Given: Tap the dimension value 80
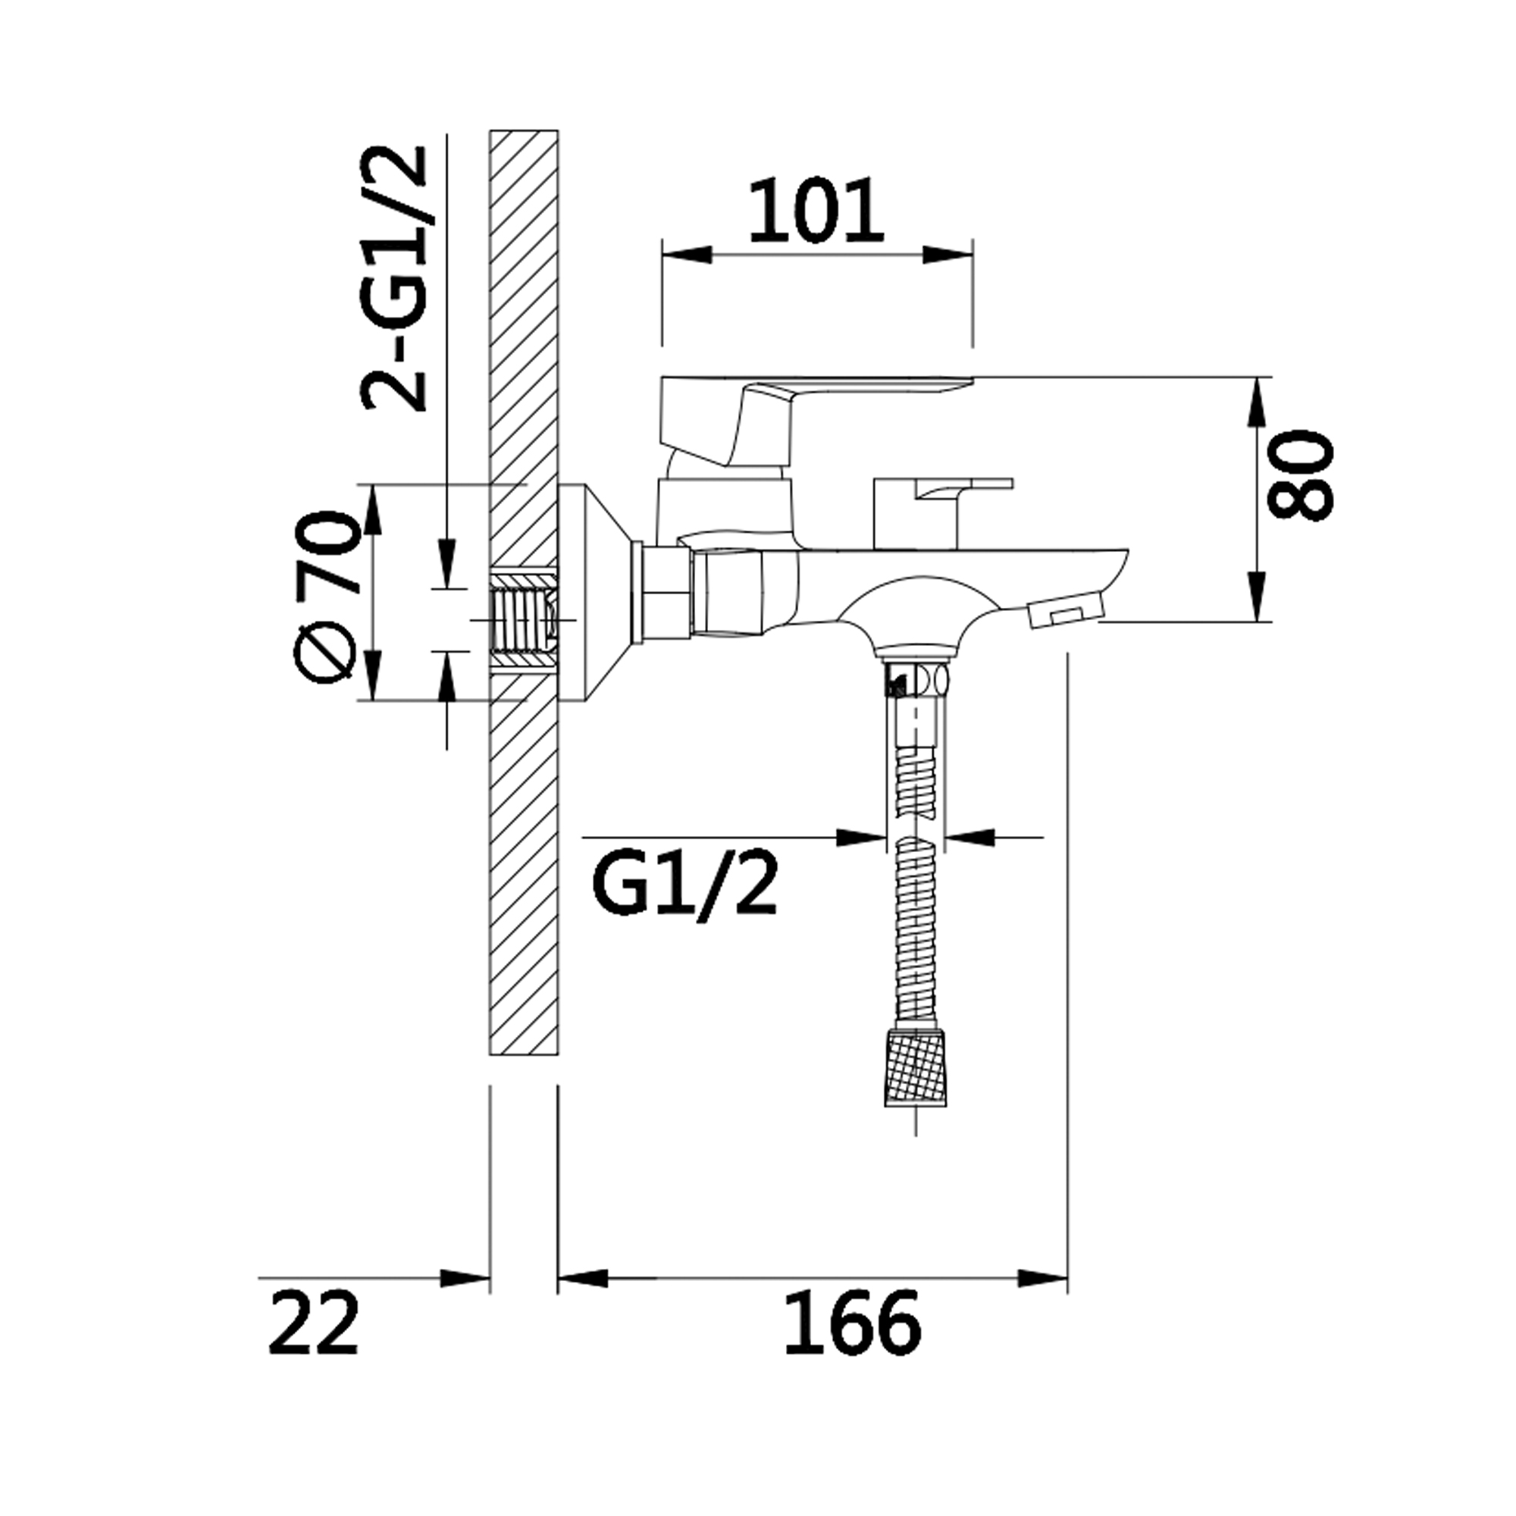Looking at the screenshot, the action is (1301, 475).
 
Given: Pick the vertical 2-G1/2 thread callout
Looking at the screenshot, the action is (394, 278).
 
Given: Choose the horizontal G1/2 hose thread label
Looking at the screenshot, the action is (685, 885).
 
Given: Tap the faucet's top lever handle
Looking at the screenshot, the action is (816, 420).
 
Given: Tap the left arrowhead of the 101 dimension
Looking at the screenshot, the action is (688, 255).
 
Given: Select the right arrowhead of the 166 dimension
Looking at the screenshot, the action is (1043, 1278).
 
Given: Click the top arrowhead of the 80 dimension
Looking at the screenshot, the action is (1258, 403).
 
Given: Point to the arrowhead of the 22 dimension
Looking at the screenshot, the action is (465, 1278).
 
